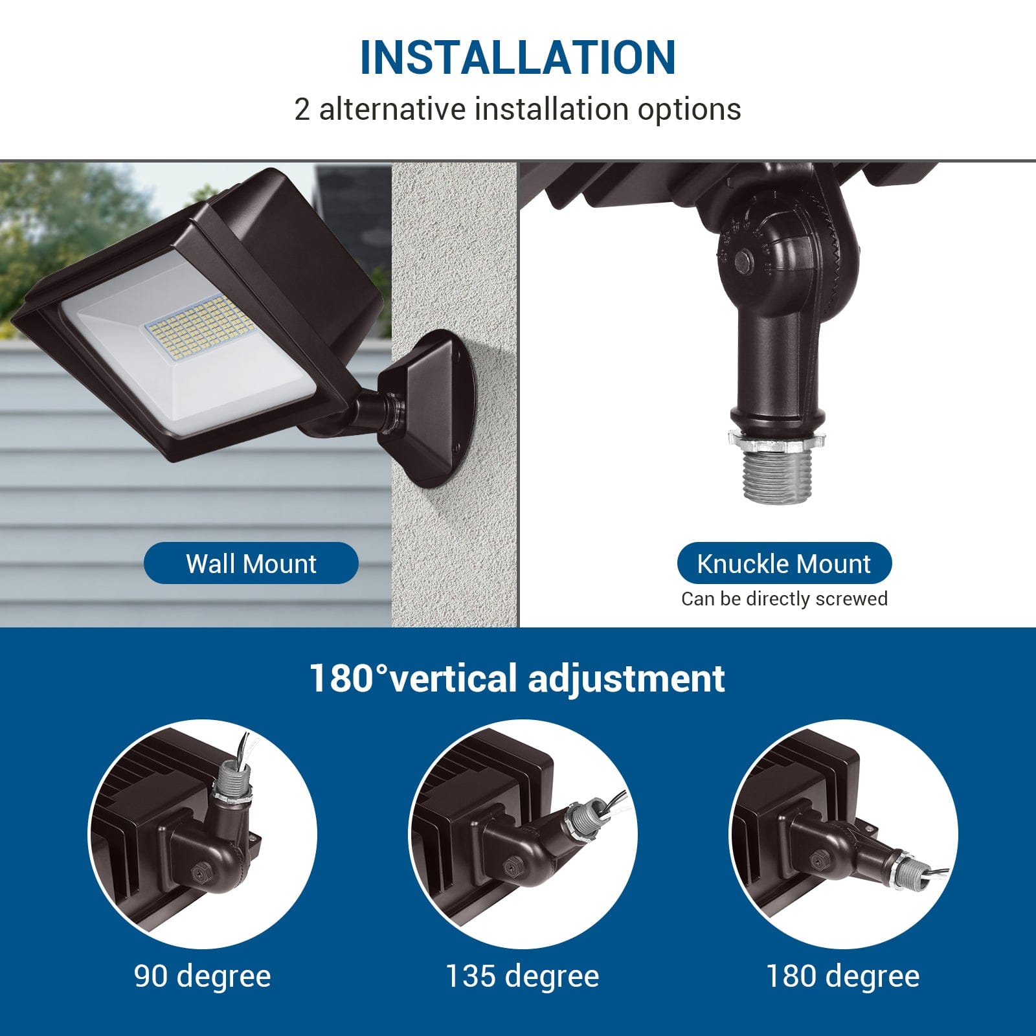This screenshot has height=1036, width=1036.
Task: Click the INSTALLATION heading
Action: pos(517,58)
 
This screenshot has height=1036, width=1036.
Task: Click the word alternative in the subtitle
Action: pos(392,109)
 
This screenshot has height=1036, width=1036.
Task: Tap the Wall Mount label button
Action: pos(251,563)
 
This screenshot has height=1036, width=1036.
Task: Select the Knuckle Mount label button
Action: pos(783,563)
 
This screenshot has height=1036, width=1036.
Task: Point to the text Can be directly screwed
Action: pos(783,599)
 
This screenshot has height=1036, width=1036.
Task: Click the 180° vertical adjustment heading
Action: pos(517,678)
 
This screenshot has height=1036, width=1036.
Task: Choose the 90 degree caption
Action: pos(202,976)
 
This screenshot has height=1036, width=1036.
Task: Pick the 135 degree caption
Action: pos(522,976)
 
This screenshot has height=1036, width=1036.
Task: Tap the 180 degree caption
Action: pos(842,976)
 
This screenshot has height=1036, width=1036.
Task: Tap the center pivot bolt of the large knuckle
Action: pos(743,262)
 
